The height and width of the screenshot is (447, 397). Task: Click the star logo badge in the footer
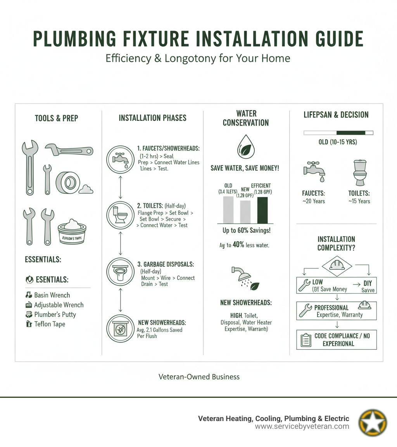point(373,422)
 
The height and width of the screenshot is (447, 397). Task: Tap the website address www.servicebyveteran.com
point(302,426)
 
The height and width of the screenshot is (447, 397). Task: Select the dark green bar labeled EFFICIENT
point(262,210)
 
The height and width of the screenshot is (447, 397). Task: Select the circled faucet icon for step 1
point(121,159)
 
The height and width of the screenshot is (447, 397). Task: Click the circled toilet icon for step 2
point(121,215)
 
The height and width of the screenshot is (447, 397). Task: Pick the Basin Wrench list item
point(52,295)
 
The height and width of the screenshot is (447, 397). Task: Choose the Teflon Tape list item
point(50,324)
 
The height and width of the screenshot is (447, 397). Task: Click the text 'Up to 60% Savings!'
point(246,231)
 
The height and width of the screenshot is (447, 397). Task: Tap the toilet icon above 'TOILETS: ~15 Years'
point(360,173)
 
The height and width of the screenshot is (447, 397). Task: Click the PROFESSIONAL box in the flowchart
point(336,311)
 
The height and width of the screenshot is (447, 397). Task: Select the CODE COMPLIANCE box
point(336,339)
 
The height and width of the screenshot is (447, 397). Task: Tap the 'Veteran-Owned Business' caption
point(199,377)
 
